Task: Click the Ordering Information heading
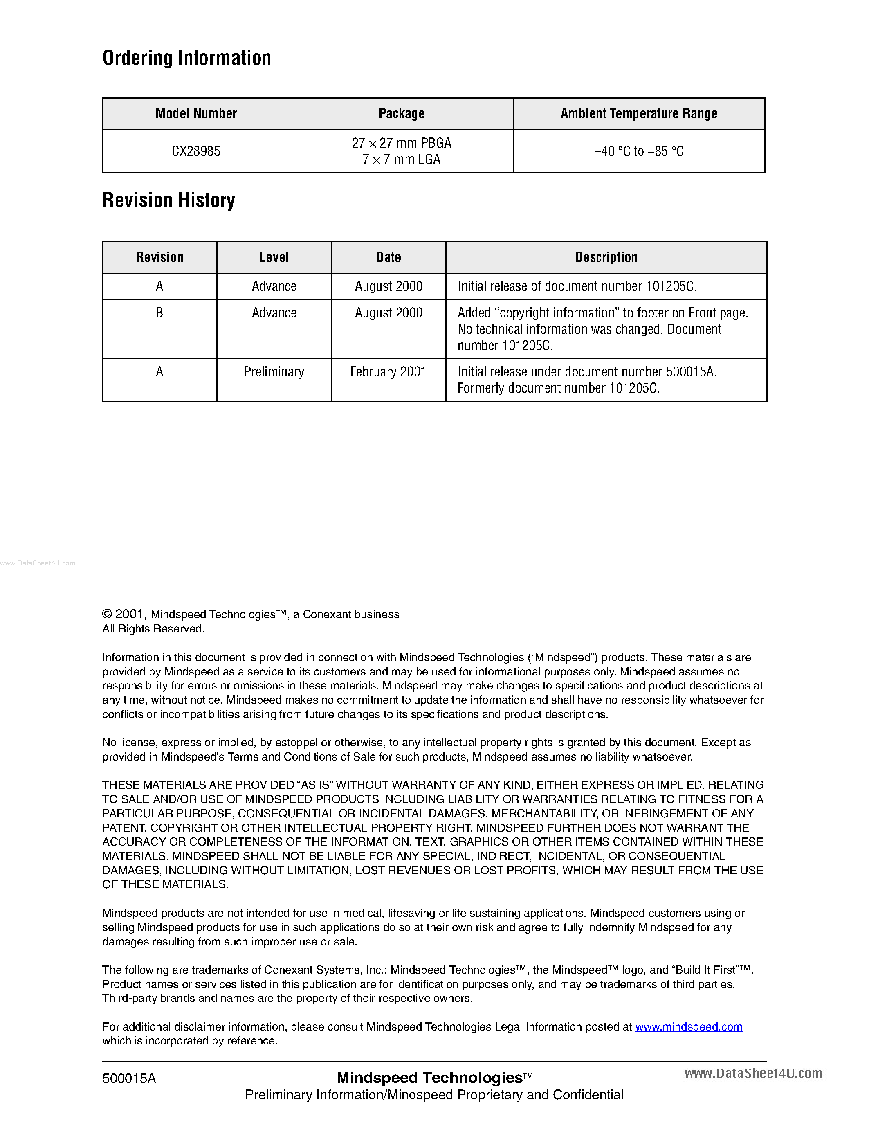(x=187, y=58)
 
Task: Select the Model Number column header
(x=196, y=113)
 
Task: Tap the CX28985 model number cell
(x=196, y=151)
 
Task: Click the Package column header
(x=402, y=113)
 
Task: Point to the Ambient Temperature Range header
(x=639, y=113)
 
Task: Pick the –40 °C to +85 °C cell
(x=639, y=151)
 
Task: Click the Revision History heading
(x=169, y=200)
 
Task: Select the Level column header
(x=274, y=257)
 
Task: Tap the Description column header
(x=606, y=257)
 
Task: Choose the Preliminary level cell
(x=274, y=372)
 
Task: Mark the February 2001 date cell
(x=388, y=372)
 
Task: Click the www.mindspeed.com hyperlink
(x=689, y=1027)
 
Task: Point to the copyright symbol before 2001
(x=107, y=614)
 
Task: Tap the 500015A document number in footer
(x=129, y=1079)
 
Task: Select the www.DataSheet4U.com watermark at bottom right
(x=753, y=1073)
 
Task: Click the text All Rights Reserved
(x=153, y=629)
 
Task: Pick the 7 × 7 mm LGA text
(x=402, y=160)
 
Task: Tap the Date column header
(x=388, y=257)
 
